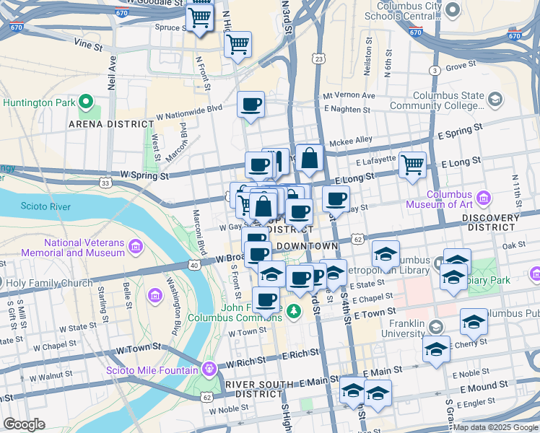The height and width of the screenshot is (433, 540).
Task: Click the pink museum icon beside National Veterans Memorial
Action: click(135, 248)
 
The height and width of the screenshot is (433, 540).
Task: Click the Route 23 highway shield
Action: click(319, 58)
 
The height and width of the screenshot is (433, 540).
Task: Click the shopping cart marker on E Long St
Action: click(412, 165)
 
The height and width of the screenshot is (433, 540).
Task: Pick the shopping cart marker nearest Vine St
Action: click(238, 44)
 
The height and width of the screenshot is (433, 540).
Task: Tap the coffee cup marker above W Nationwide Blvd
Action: click(251, 104)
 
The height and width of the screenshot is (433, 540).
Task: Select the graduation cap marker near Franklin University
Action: click(437, 349)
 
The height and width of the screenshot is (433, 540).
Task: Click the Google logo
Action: click(23, 424)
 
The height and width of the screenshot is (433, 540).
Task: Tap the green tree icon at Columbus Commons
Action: click(293, 311)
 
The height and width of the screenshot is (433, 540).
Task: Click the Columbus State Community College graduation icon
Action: click(495, 99)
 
